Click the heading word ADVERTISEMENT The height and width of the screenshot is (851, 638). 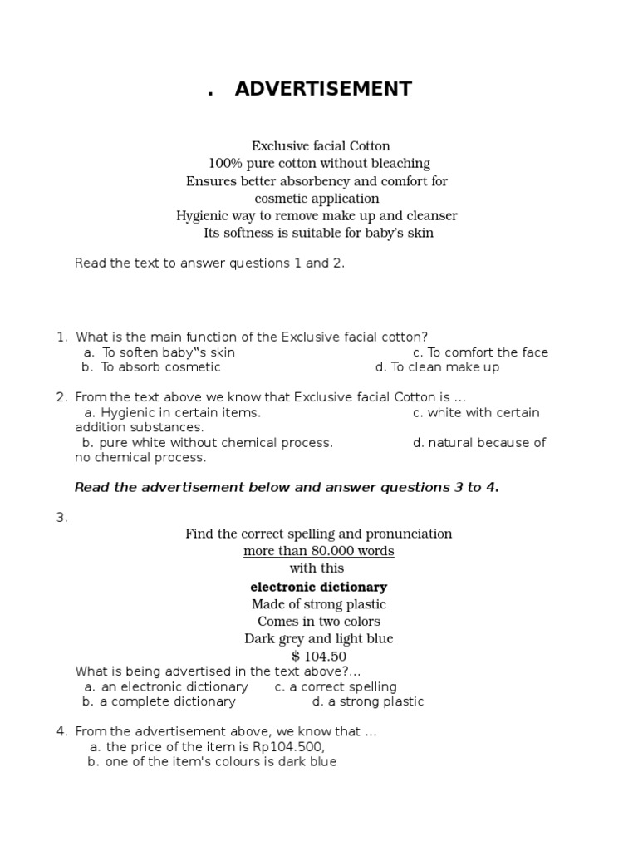tap(323, 89)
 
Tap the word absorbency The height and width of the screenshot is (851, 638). tap(320, 181)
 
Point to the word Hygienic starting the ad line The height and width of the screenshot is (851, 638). tap(202, 216)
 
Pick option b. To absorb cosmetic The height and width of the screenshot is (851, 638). tap(151, 367)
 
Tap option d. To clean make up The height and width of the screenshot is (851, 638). tap(437, 367)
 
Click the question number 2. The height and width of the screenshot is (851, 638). tap(61, 397)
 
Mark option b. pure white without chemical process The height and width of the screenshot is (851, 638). tap(208, 443)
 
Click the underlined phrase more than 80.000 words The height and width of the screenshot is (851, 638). tap(319, 551)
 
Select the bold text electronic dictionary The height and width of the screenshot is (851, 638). tap(319, 587)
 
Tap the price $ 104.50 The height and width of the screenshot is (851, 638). tap(319, 657)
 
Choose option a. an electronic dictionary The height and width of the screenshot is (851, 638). tap(166, 687)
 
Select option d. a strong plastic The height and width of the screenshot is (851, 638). tap(367, 702)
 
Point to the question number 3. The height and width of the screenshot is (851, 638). tap(61, 518)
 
